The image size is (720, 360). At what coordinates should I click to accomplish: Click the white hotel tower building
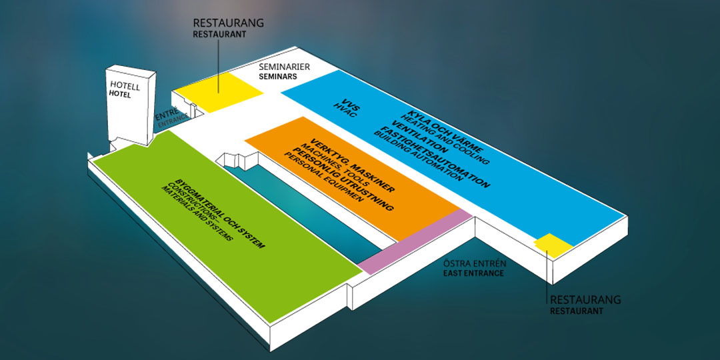coord(131,105)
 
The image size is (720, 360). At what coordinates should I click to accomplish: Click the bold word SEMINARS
coord(278,77)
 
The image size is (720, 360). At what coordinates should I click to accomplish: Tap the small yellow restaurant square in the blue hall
coord(553,245)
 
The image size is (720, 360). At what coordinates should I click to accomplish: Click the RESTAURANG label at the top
coord(229,23)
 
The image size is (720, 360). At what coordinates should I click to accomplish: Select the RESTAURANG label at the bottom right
coord(585,300)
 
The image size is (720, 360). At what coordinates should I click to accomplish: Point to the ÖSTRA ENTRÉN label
coord(475,264)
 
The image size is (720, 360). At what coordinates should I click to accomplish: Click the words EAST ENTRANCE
coord(473,273)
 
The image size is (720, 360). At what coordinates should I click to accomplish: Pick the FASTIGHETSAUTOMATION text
coord(435,156)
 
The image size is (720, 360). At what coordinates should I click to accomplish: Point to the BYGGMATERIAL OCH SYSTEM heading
coord(221,213)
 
